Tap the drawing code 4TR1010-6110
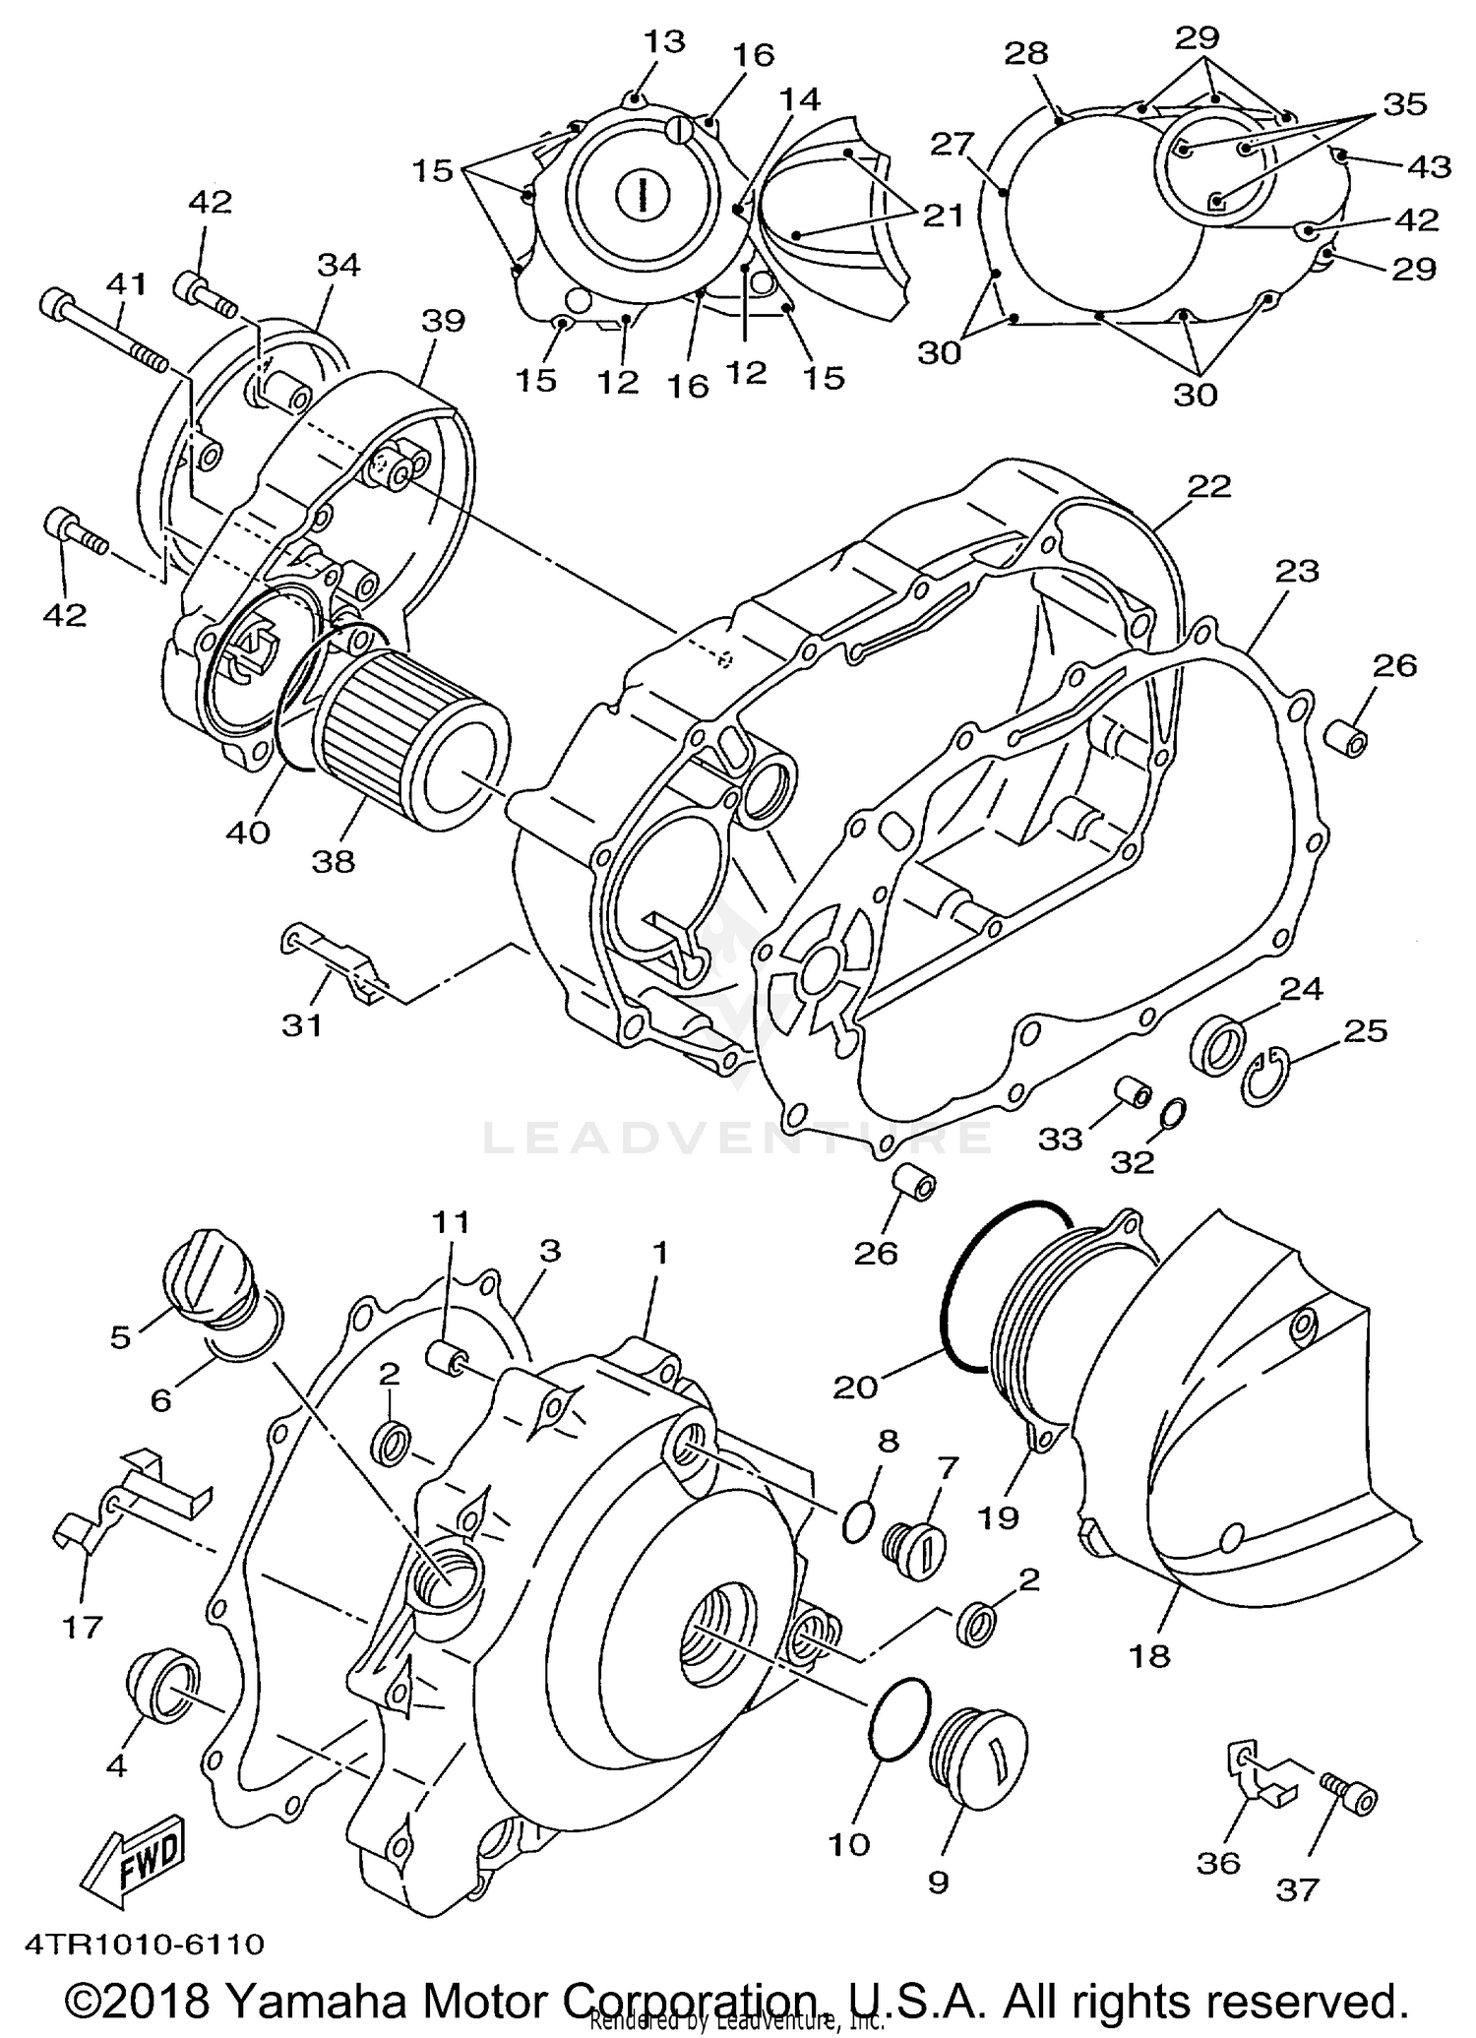pos(145,1944)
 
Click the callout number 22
pos(1208,486)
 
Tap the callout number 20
pos(855,1388)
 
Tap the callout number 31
pos(302,1025)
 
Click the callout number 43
pos(1429,167)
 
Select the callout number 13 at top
pos(664,41)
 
